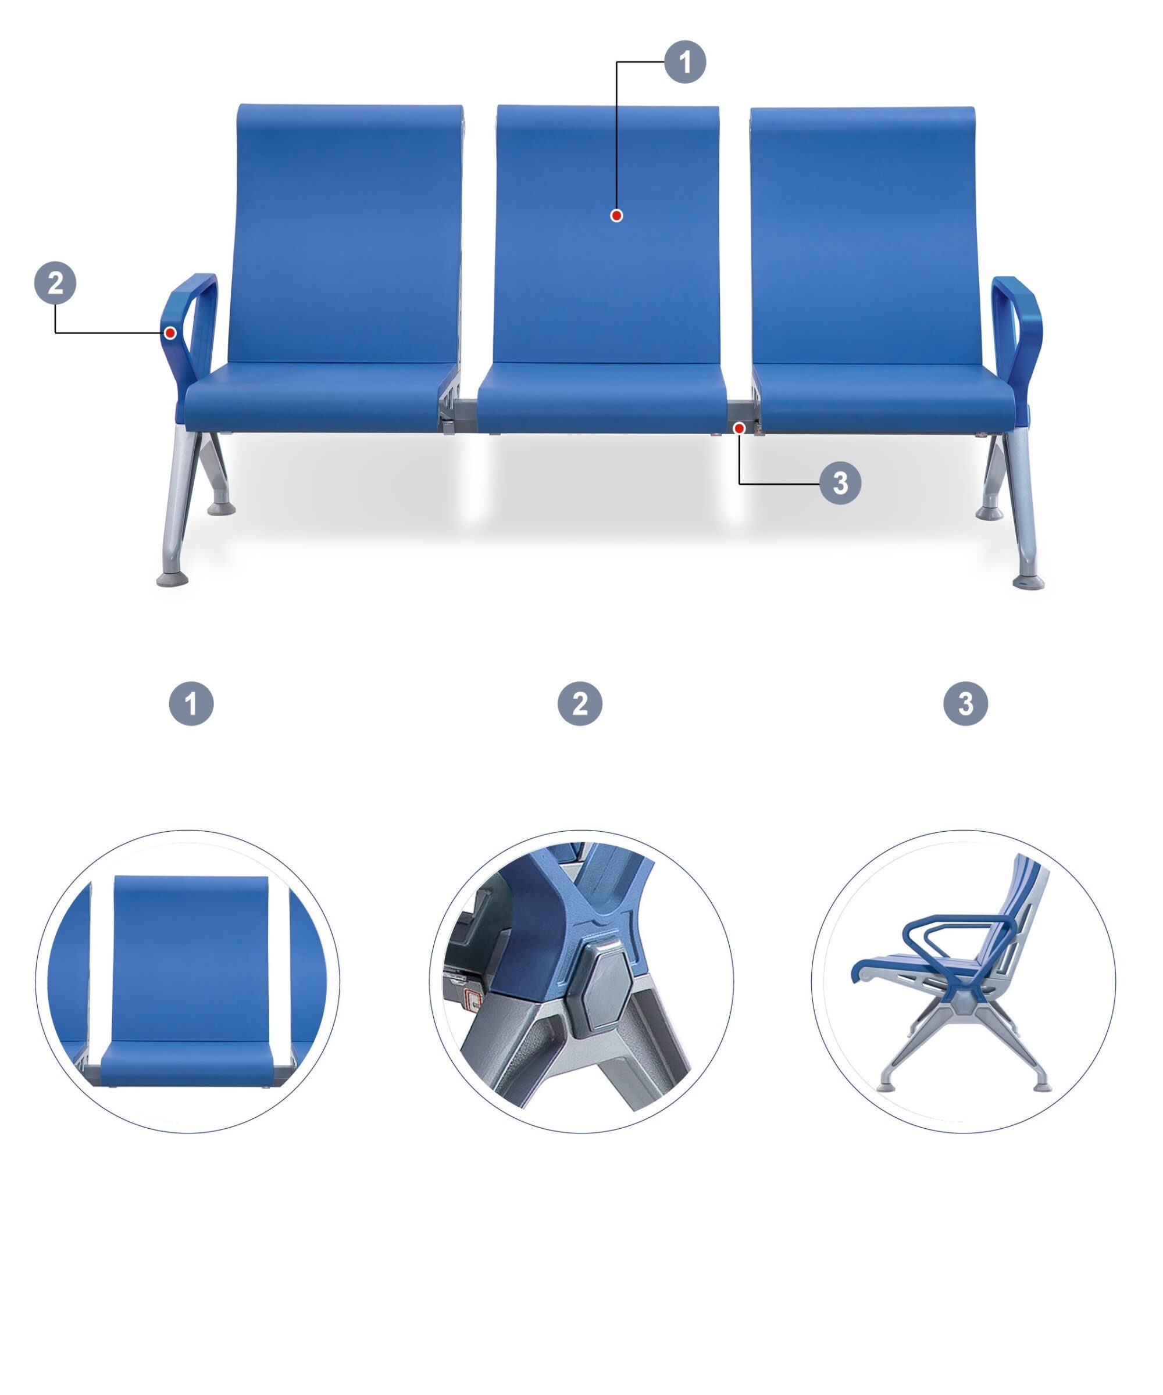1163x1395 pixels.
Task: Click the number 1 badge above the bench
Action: point(685,62)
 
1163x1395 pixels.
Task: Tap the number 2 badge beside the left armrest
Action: point(55,283)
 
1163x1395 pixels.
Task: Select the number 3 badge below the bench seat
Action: point(841,483)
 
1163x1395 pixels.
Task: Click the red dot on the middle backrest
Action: point(617,215)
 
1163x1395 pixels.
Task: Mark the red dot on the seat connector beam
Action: point(739,429)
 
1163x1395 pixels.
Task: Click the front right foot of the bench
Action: point(1029,582)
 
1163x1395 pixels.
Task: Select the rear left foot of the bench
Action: point(222,509)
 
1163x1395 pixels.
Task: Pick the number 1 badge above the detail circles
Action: point(191,703)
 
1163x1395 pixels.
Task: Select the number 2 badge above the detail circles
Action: point(580,703)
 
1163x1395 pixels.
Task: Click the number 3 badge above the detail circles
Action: point(966,703)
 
